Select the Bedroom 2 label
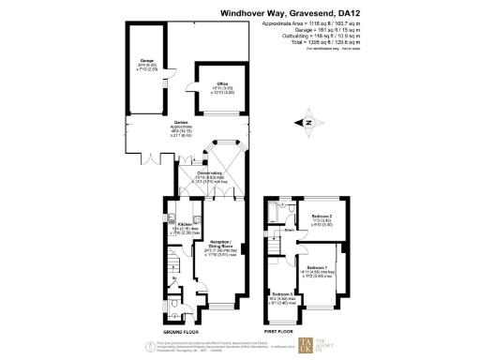[x=323, y=218]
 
